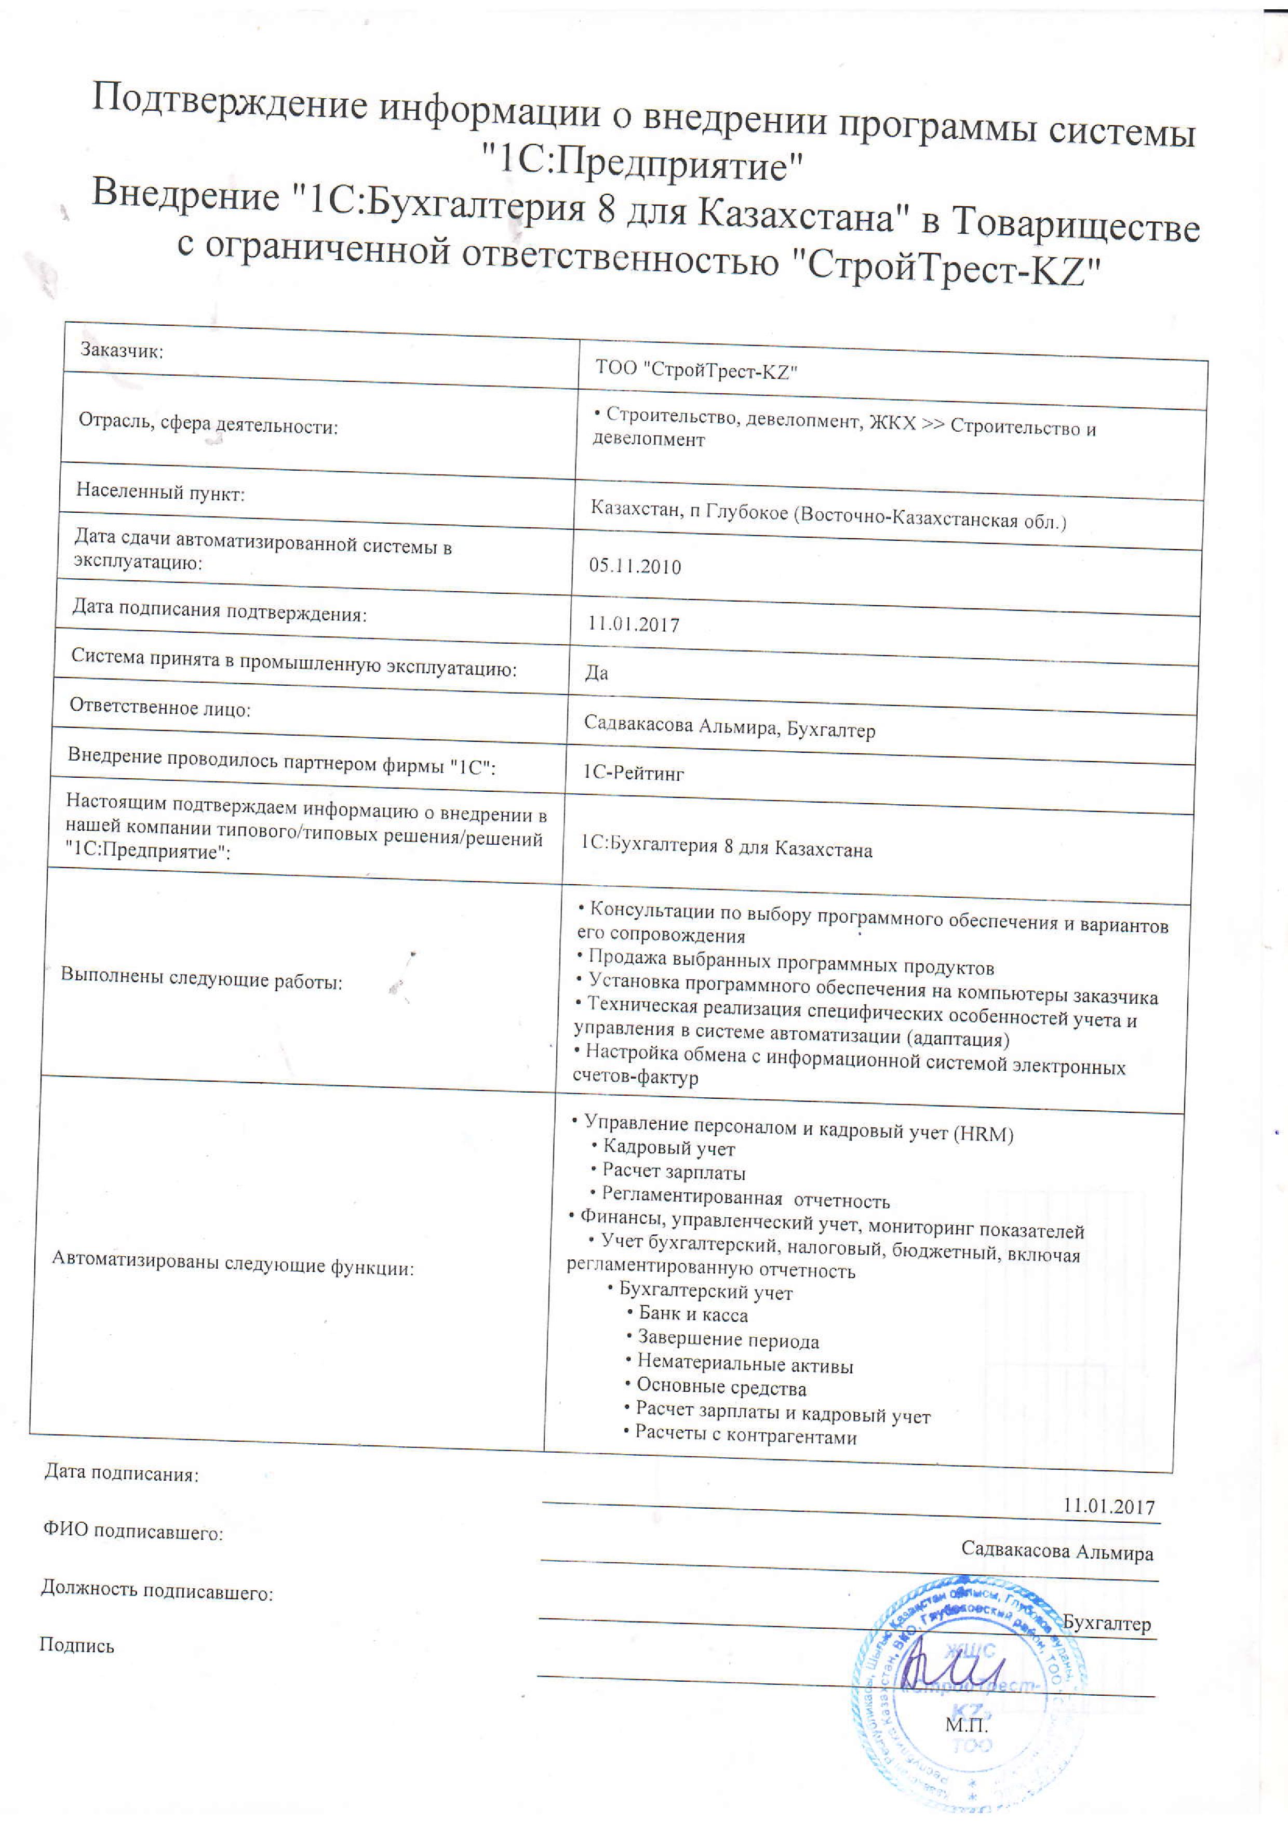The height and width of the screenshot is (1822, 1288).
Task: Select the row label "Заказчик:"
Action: pyautogui.click(x=122, y=351)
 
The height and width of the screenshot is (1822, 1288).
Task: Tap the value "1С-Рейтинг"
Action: pyautogui.click(x=633, y=772)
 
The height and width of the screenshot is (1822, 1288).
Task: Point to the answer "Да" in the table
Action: pyautogui.click(x=596, y=673)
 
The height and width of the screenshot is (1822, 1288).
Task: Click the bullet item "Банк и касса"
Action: pyautogui.click(x=692, y=1315)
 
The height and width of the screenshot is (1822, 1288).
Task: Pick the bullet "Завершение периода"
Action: pyautogui.click(x=728, y=1340)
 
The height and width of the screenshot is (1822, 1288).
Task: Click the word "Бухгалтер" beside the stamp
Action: pyautogui.click(x=1106, y=1623)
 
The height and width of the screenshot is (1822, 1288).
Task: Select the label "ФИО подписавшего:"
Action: pyautogui.click(x=132, y=1532)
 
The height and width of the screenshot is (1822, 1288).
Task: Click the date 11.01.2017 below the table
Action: pyautogui.click(x=1109, y=1506)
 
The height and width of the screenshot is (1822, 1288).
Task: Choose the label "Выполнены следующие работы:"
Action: pyautogui.click(x=202, y=980)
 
